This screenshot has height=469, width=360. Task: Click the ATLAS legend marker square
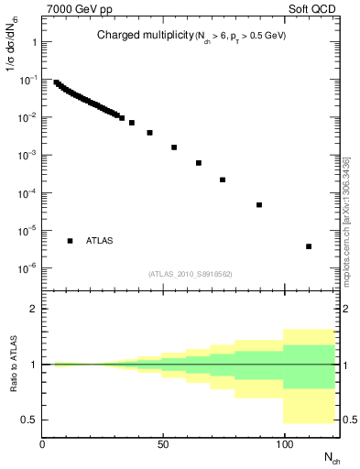70,241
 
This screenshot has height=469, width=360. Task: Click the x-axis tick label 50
163,445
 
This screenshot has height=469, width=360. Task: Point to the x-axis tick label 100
284,445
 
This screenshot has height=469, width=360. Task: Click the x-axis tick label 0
43,445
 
